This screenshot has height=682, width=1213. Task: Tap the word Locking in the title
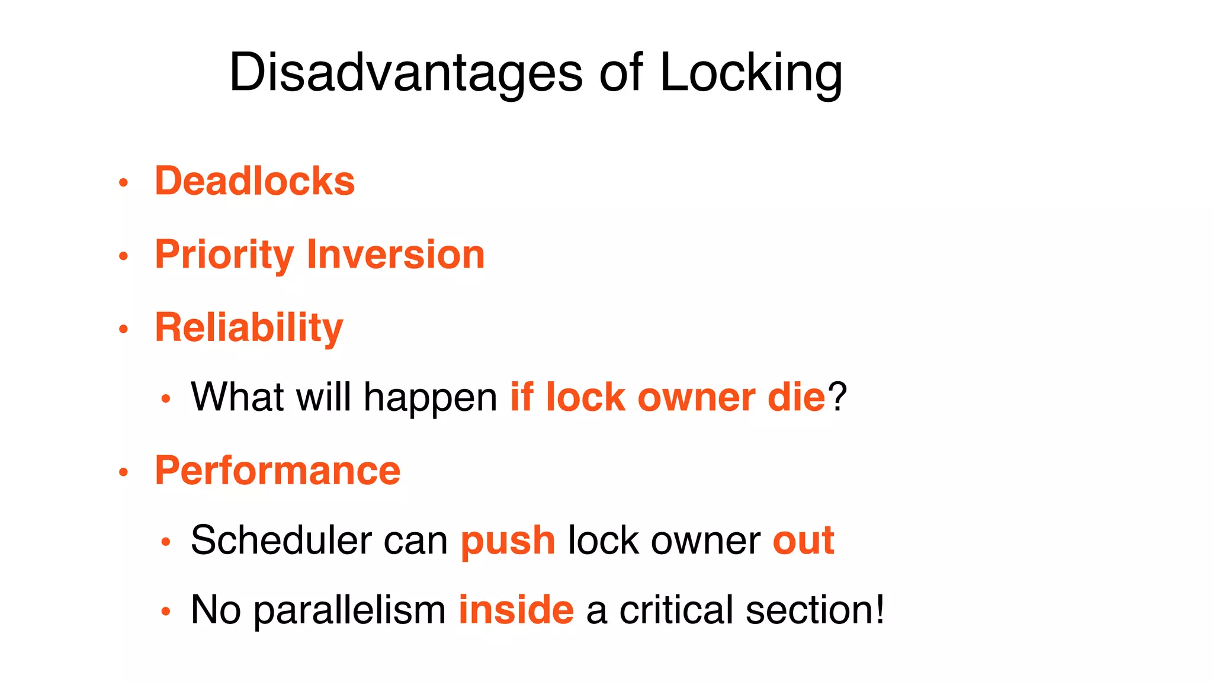pyautogui.click(x=750, y=72)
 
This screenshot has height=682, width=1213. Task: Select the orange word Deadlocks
pyautogui.click(x=255, y=181)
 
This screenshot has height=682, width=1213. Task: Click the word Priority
pyautogui.click(x=224, y=255)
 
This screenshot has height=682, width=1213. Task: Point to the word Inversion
pyautogui.click(x=396, y=255)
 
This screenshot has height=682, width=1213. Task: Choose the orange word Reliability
pyautogui.click(x=249, y=327)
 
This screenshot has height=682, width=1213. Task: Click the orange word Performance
pyautogui.click(x=278, y=471)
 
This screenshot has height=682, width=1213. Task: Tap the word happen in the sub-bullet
pyautogui.click(x=431, y=397)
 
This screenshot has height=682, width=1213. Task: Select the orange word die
pyautogui.click(x=796, y=397)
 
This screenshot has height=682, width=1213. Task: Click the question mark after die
pyautogui.click(x=837, y=397)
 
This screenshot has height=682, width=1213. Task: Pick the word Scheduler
pyautogui.click(x=281, y=541)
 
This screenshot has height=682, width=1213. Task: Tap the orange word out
pyautogui.click(x=803, y=541)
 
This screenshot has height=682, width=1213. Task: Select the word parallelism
pyautogui.click(x=350, y=610)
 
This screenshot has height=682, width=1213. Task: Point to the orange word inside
pyautogui.click(x=516, y=610)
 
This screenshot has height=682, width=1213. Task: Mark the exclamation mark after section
pyautogui.click(x=880, y=610)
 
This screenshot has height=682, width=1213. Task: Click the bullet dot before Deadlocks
pyautogui.click(x=123, y=182)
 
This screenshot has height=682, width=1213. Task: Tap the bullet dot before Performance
pyautogui.click(x=123, y=472)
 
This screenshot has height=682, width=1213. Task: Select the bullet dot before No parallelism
pyautogui.click(x=166, y=612)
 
